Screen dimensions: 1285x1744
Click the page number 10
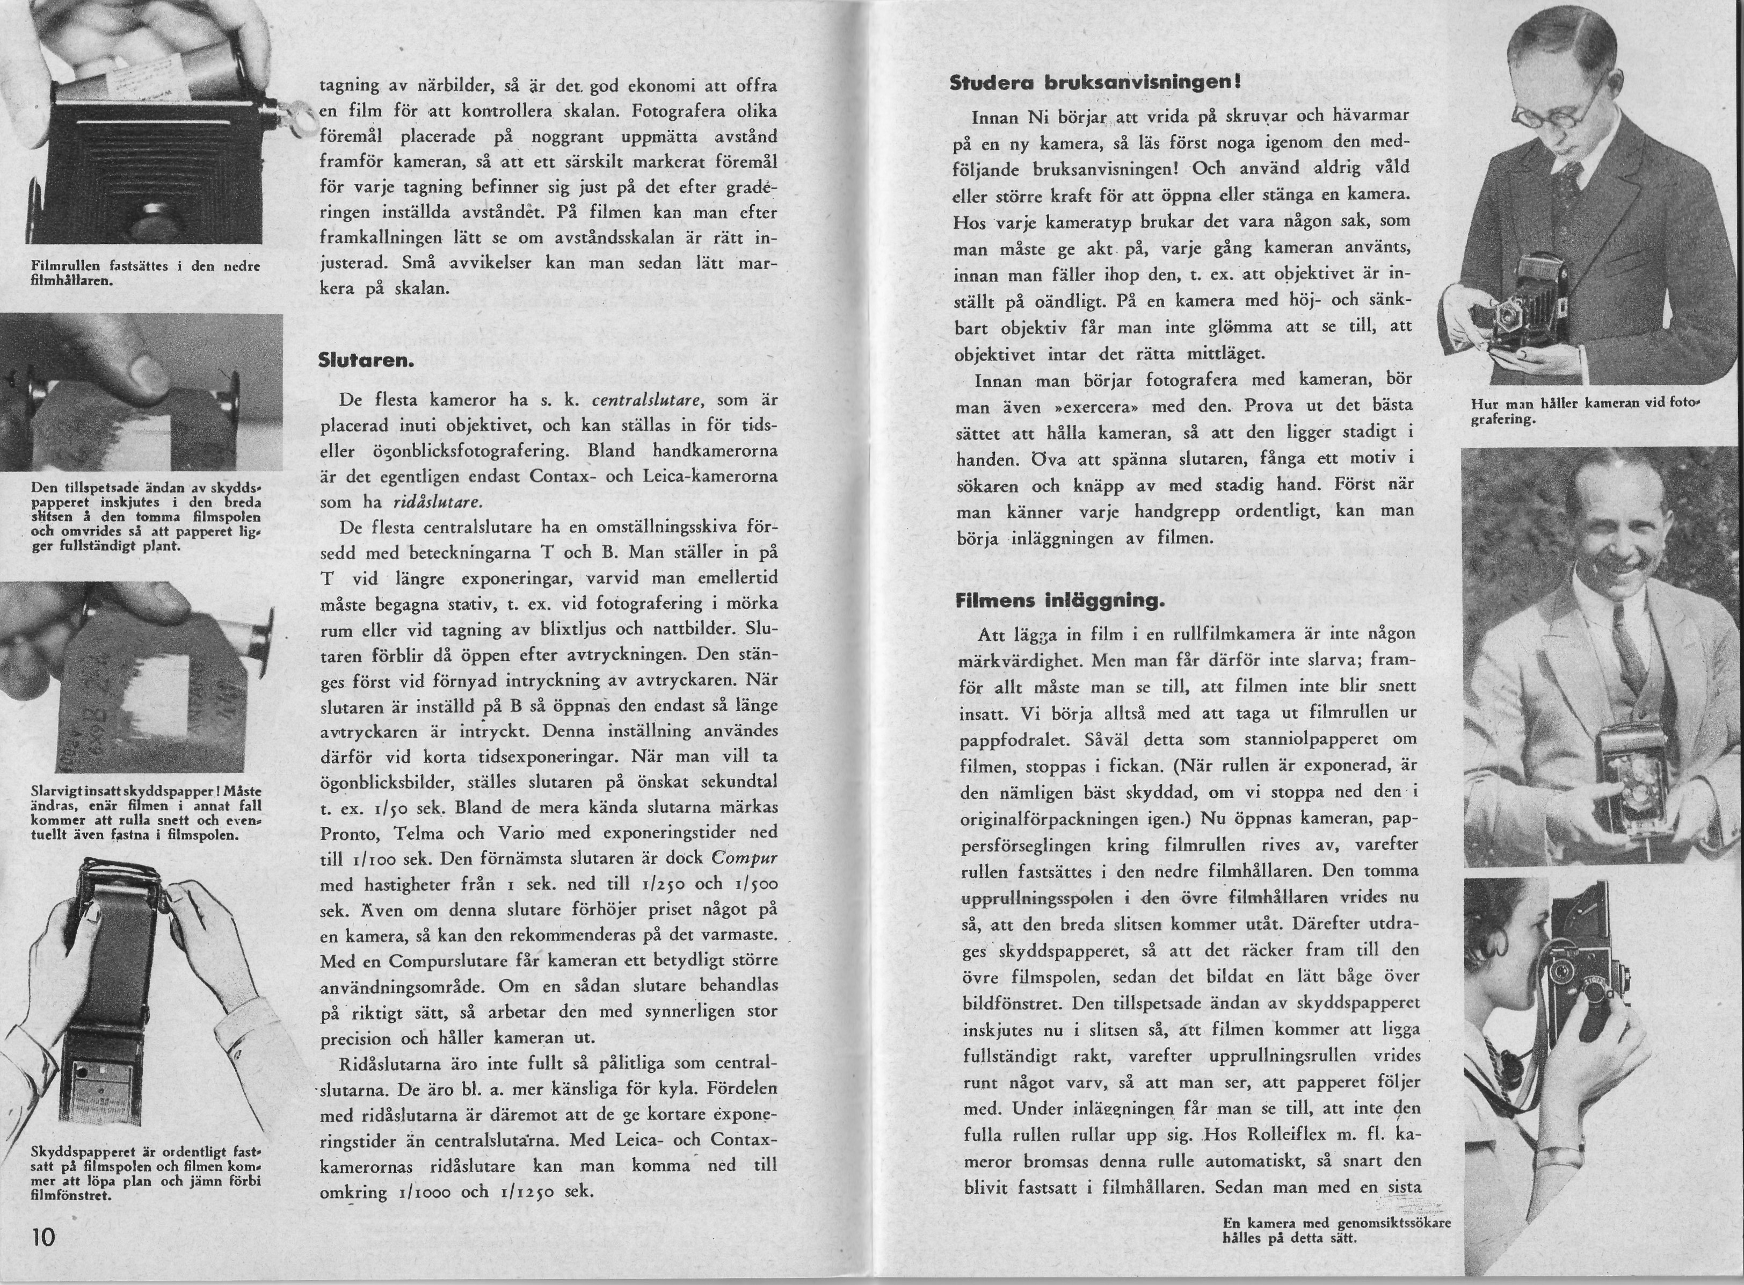[43, 1237]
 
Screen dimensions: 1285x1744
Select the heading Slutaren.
[366, 361]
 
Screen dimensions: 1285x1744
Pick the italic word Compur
[745, 858]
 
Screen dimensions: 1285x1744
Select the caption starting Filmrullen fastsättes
[144, 273]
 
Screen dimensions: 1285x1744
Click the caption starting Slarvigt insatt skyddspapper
[146, 813]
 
